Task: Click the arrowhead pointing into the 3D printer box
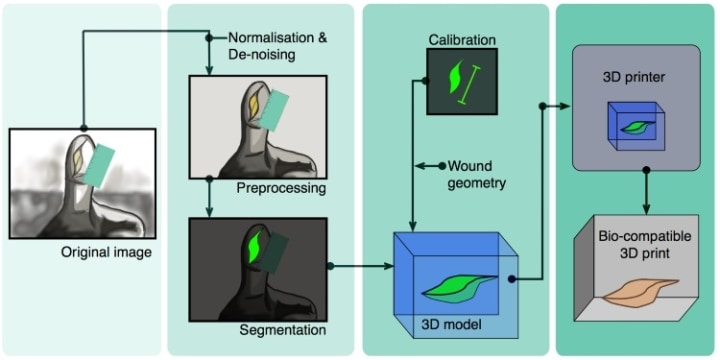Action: click(x=565, y=104)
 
